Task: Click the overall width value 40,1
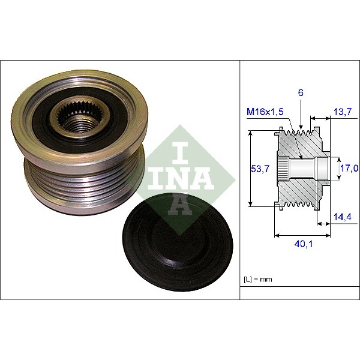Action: tap(302, 244)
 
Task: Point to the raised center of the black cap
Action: tap(178, 240)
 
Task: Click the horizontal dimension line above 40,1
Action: tap(302, 235)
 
